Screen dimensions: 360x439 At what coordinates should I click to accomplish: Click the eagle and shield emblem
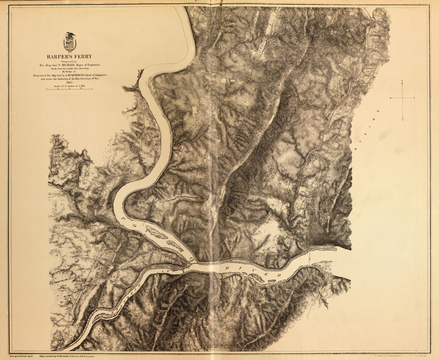tap(70, 42)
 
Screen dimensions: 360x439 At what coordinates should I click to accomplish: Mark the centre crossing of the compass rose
tap(402, 98)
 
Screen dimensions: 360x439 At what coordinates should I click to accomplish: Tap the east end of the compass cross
tap(414, 98)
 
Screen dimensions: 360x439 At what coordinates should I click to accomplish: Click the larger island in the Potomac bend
tap(156, 232)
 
